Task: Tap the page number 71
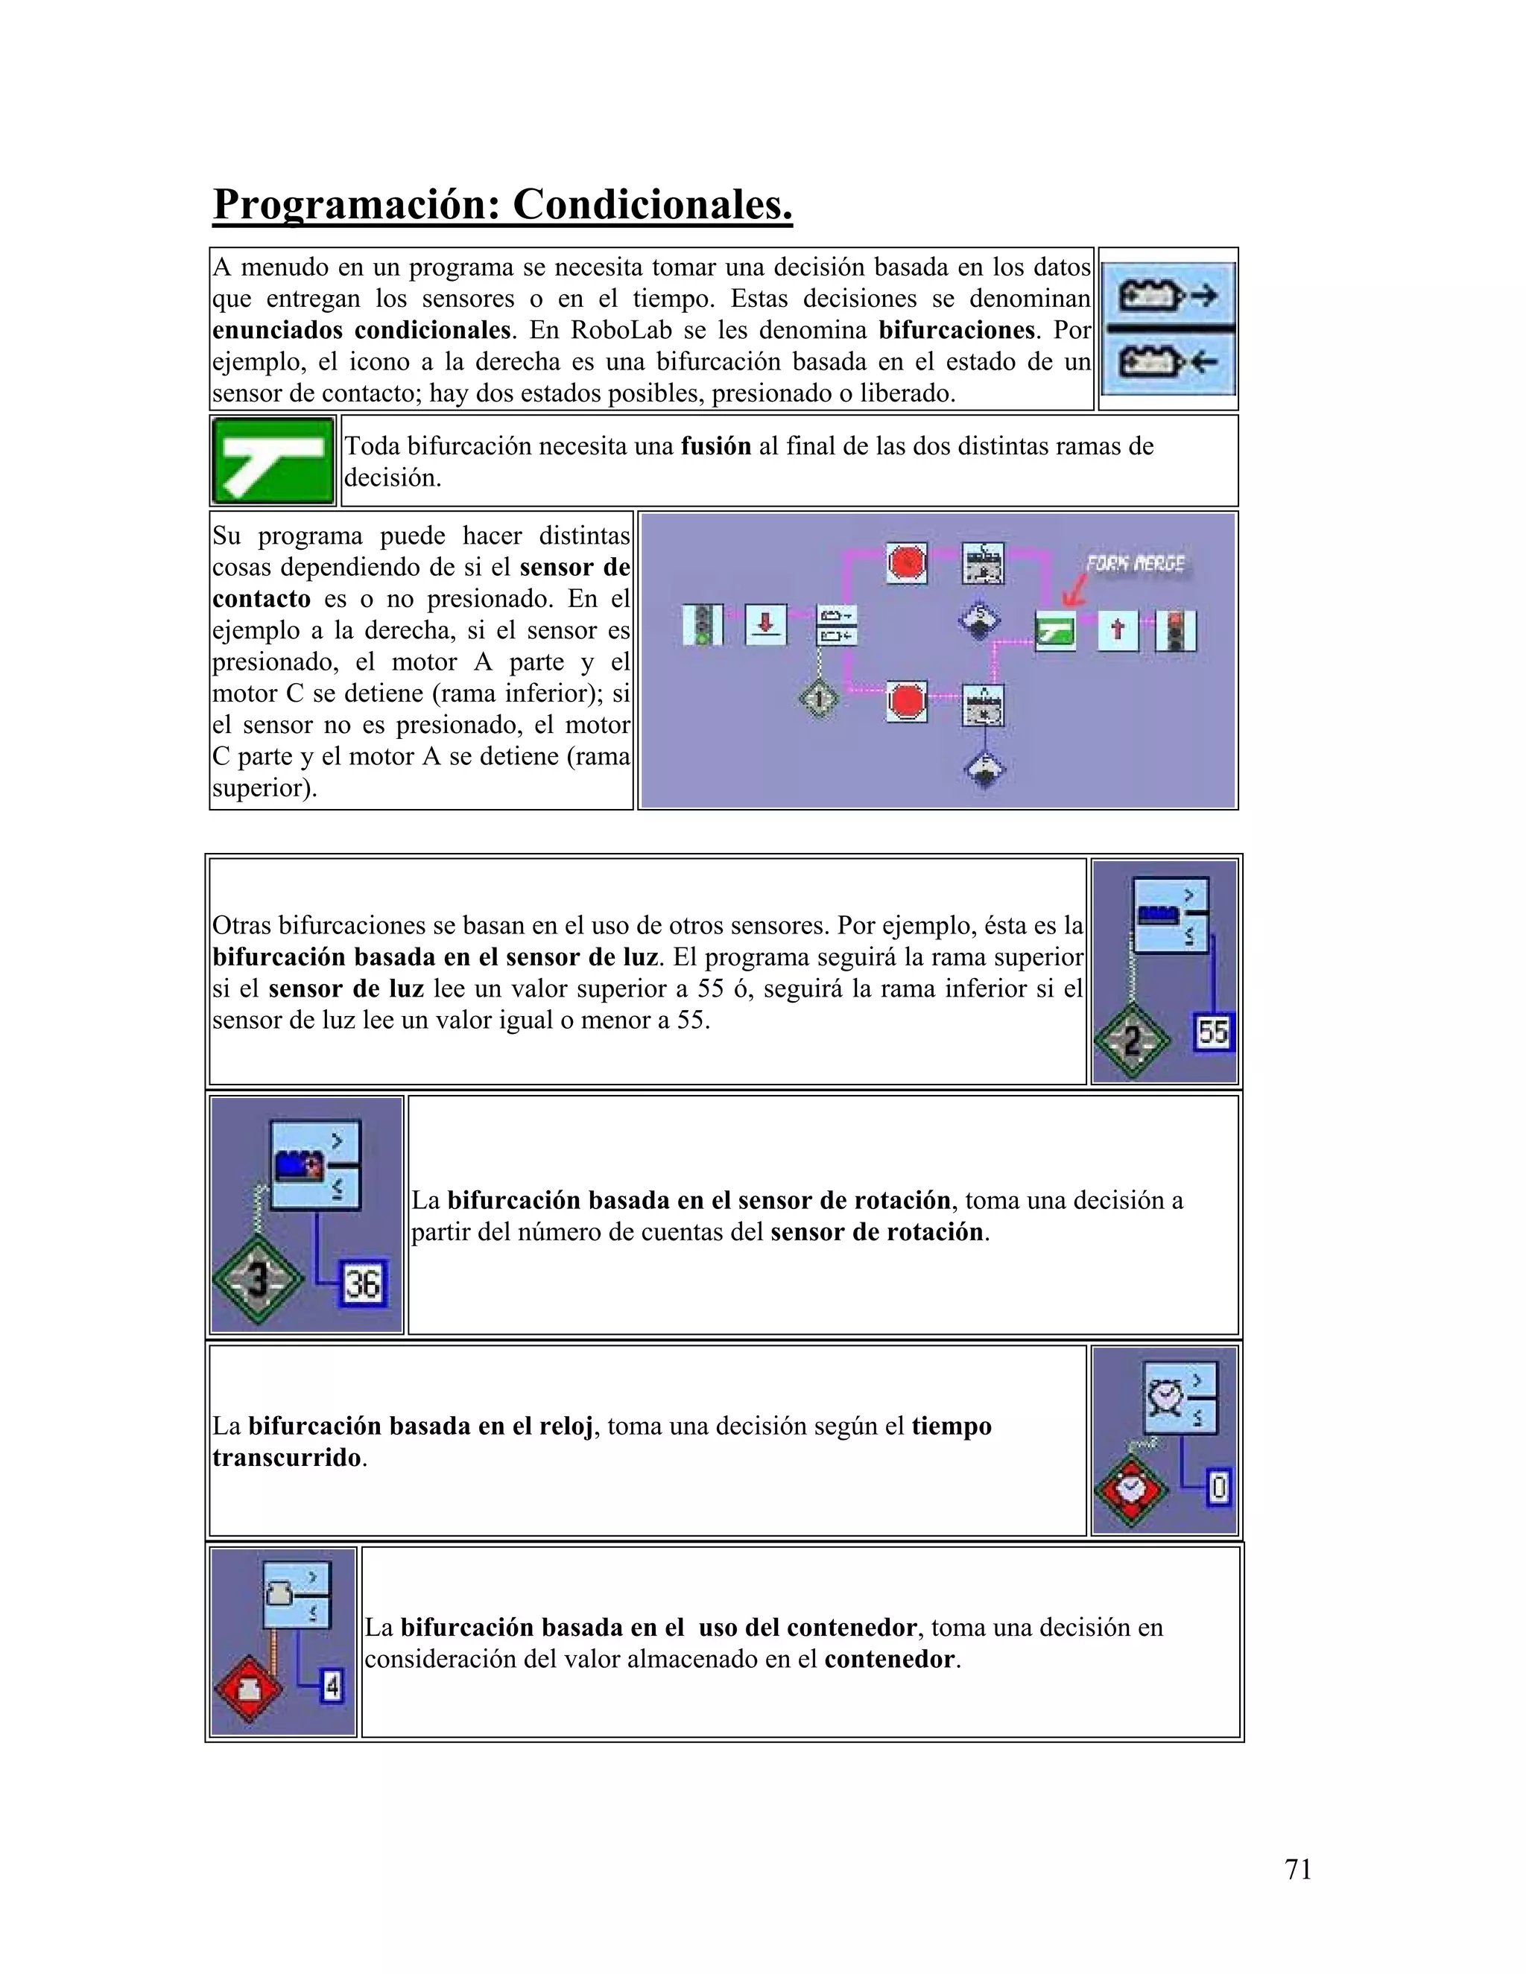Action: click(x=1297, y=1868)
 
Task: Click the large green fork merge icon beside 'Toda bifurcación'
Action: click(x=272, y=460)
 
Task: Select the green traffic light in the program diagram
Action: click(x=703, y=626)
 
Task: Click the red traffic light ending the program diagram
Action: click(x=1176, y=630)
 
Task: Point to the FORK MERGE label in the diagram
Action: click(x=1135, y=564)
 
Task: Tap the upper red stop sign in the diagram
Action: click(x=906, y=562)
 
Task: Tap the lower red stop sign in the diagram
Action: click(x=906, y=700)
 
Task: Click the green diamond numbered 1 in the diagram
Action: click(x=819, y=699)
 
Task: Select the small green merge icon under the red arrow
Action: click(x=1054, y=631)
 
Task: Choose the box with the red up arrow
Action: click(x=1118, y=629)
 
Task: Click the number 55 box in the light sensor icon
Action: click(x=1212, y=1032)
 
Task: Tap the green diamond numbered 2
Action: click(x=1132, y=1042)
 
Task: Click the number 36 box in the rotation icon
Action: click(x=363, y=1283)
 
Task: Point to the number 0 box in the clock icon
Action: click(x=1218, y=1487)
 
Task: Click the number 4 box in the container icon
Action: click(x=332, y=1686)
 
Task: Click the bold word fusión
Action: click(x=715, y=446)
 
